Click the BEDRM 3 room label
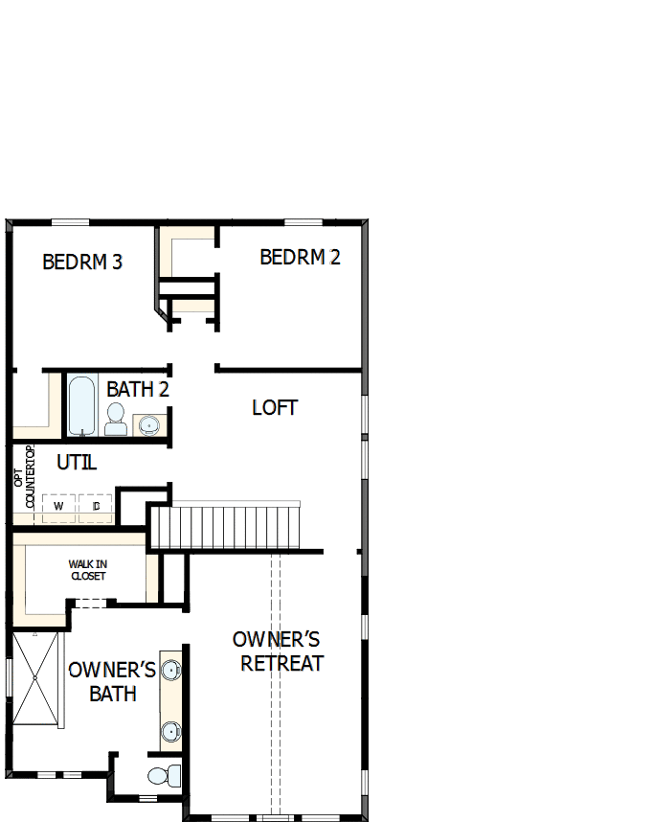[x=82, y=262]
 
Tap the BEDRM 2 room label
[x=300, y=257]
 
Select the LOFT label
[x=275, y=407]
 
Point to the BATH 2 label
[x=138, y=390]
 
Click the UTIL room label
[x=77, y=462]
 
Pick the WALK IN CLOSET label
[x=87, y=570]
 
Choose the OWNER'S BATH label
[x=112, y=681]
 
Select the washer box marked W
[x=58, y=505]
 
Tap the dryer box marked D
[x=96, y=505]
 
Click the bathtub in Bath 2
[x=81, y=405]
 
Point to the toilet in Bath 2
[x=116, y=419]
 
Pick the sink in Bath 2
[x=148, y=422]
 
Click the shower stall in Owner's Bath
[x=35, y=677]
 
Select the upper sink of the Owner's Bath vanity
[x=171, y=670]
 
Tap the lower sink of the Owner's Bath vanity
[x=171, y=732]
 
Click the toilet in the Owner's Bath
[x=164, y=773]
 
